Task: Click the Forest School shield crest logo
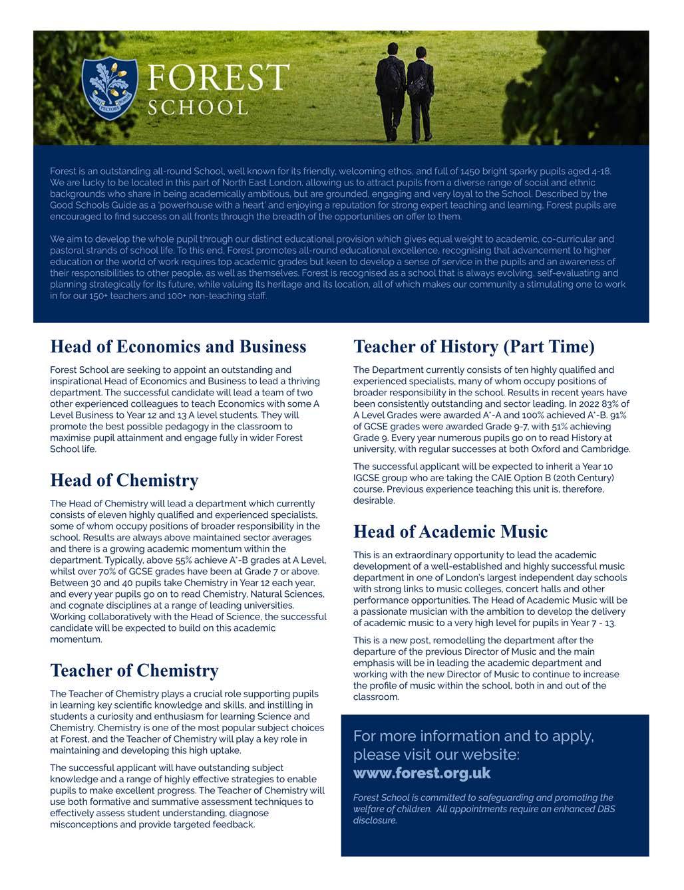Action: click(x=110, y=88)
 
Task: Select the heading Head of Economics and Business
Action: click(x=178, y=347)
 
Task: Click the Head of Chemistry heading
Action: click(x=124, y=481)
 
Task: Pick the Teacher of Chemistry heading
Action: click(x=134, y=671)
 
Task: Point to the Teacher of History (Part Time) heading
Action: click(x=474, y=347)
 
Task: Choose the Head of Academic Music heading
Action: click(x=450, y=532)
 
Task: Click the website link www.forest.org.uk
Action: click(x=422, y=774)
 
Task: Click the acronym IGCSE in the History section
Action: click(x=368, y=478)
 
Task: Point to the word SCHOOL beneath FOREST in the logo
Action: click(x=198, y=108)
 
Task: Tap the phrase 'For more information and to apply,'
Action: click(x=474, y=736)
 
